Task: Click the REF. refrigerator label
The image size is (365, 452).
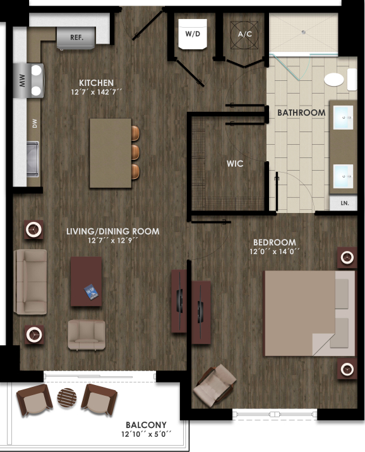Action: pyautogui.click(x=76, y=37)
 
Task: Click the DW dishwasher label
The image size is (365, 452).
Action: pyautogui.click(x=35, y=125)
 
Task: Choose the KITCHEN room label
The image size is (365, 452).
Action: pyautogui.click(x=96, y=83)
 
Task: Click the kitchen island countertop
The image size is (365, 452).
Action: pyautogui.click(x=110, y=153)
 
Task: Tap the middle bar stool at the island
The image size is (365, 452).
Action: pyautogui.click(x=135, y=152)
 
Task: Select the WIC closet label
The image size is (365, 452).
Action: pyautogui.click(x=235, y=164)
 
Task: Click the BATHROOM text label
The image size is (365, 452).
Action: pyautogui.click(x=301, y=113)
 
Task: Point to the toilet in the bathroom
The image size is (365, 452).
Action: pyautogui.click(x=333, y=80)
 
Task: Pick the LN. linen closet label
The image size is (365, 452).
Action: pyautogui.click(x=344, y=204)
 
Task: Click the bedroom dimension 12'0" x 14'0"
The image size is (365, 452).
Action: pyautogui.click(x=273, y=252)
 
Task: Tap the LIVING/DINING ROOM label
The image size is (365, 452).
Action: pyautogui.click(x=112, y=231)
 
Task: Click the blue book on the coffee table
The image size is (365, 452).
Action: pyautogui.click(x=92, y=291)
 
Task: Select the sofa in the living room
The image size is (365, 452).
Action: pyautogui.click(x=30, y=281)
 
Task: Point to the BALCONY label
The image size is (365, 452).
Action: pyautogui.click(x=146, y=425)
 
